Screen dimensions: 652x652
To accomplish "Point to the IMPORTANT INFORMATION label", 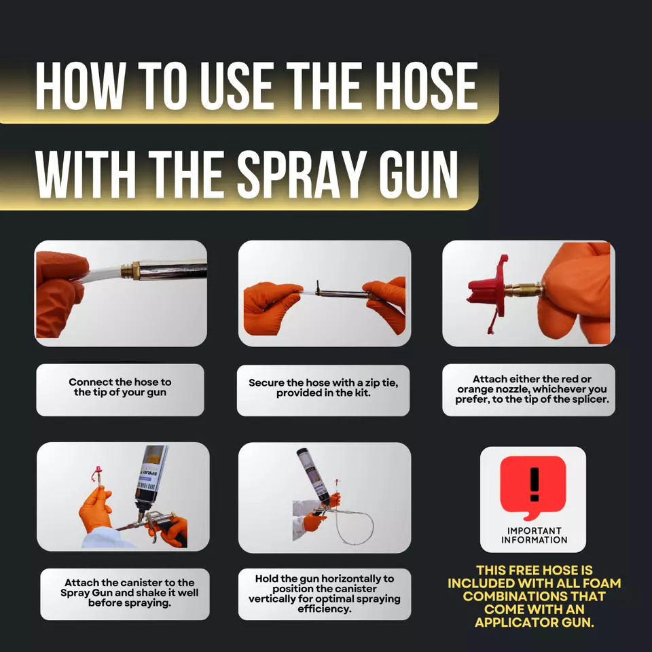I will tap(534, 535).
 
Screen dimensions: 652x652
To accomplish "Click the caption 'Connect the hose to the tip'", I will tap(120, 388).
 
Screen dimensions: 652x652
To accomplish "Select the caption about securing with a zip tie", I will tap(323, 388).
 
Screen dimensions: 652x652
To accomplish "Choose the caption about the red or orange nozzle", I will tap(528, 389).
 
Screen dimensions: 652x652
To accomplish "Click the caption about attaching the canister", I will tap(125, 593).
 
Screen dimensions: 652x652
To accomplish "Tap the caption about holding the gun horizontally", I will tap(324, 593).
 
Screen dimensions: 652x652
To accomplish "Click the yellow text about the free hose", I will tap(534, 597).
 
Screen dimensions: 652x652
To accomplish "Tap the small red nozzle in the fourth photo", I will tap(98, 469).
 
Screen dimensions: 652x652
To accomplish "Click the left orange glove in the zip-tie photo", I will tap(271, 308).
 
